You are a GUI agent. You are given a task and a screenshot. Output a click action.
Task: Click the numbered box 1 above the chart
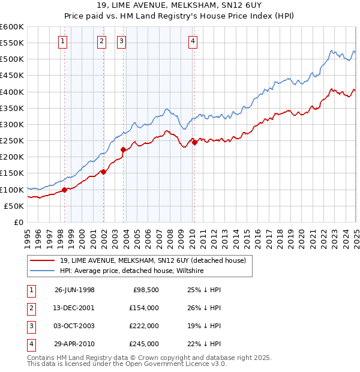[x=63, y=41]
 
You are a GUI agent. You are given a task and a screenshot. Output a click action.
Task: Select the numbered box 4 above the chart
[x=193, y=41]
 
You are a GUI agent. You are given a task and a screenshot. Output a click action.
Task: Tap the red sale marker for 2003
[x=123, y=149]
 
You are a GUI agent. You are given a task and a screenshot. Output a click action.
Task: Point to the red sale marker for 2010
[x=194, y=142]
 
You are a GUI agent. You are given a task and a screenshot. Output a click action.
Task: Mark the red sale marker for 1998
[x=65, y=190]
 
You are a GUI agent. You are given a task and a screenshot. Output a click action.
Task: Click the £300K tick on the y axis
[x=14, y=124]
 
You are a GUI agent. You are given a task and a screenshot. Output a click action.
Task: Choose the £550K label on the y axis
[x=14, y=43]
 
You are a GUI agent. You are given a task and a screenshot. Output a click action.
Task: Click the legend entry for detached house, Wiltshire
[x=132, y=271]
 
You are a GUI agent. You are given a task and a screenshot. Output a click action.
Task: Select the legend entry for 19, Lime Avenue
[x=153, y=260]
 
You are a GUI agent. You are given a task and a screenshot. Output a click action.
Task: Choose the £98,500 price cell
[x=144, y=290]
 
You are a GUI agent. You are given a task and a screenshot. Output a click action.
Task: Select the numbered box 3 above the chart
[x=121, y=41]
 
